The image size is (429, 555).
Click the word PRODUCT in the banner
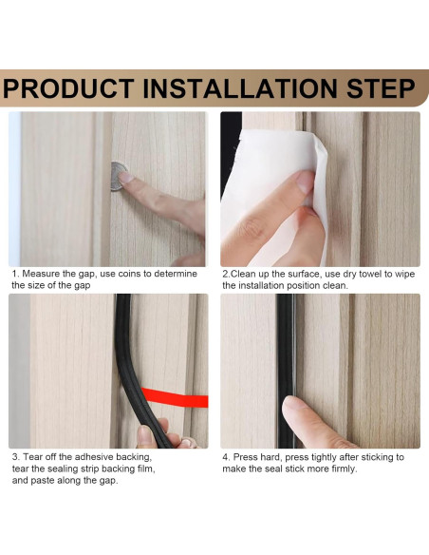pos(68,88)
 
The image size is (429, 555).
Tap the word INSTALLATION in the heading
pos(240,88)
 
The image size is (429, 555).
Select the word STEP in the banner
pos(381,88)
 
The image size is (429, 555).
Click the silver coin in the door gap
pos(119,176)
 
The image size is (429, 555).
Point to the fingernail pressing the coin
pos(124,177)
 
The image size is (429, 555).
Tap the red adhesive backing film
pos(175,397)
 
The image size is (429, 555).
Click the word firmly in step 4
pos(344,469)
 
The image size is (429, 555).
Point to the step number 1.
pos(14,274)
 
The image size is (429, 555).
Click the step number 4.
pos(226,457)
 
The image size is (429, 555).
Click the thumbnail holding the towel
pos(306,182)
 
